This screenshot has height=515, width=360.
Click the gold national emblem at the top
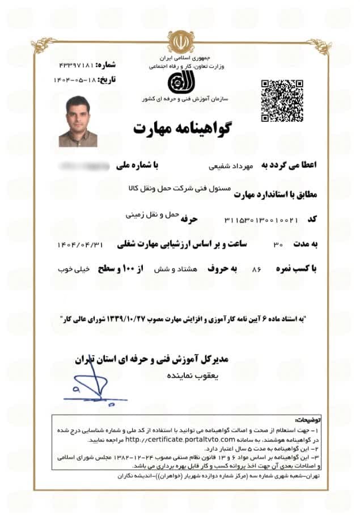pyautogui.click(x=180, y=41)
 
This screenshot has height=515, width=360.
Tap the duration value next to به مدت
pyautogui.click(x=278, y=244)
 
